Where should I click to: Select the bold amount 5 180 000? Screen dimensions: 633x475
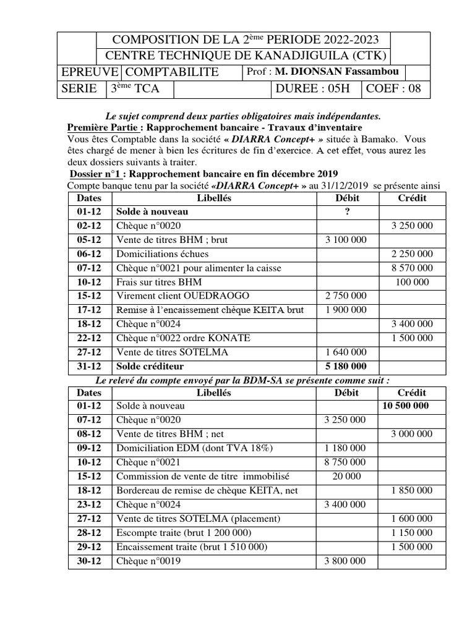tap(346, 366)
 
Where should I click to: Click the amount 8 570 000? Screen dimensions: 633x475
tap(411, 268)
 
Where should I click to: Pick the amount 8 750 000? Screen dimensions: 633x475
tap(345, 462)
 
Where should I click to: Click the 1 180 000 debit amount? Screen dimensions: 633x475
tap(345, 448)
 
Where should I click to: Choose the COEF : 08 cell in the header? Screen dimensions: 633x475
tap(393, 88)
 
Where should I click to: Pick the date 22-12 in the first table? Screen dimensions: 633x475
tap(88, 338)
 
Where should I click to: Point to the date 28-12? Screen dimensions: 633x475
tap(88, 533)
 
